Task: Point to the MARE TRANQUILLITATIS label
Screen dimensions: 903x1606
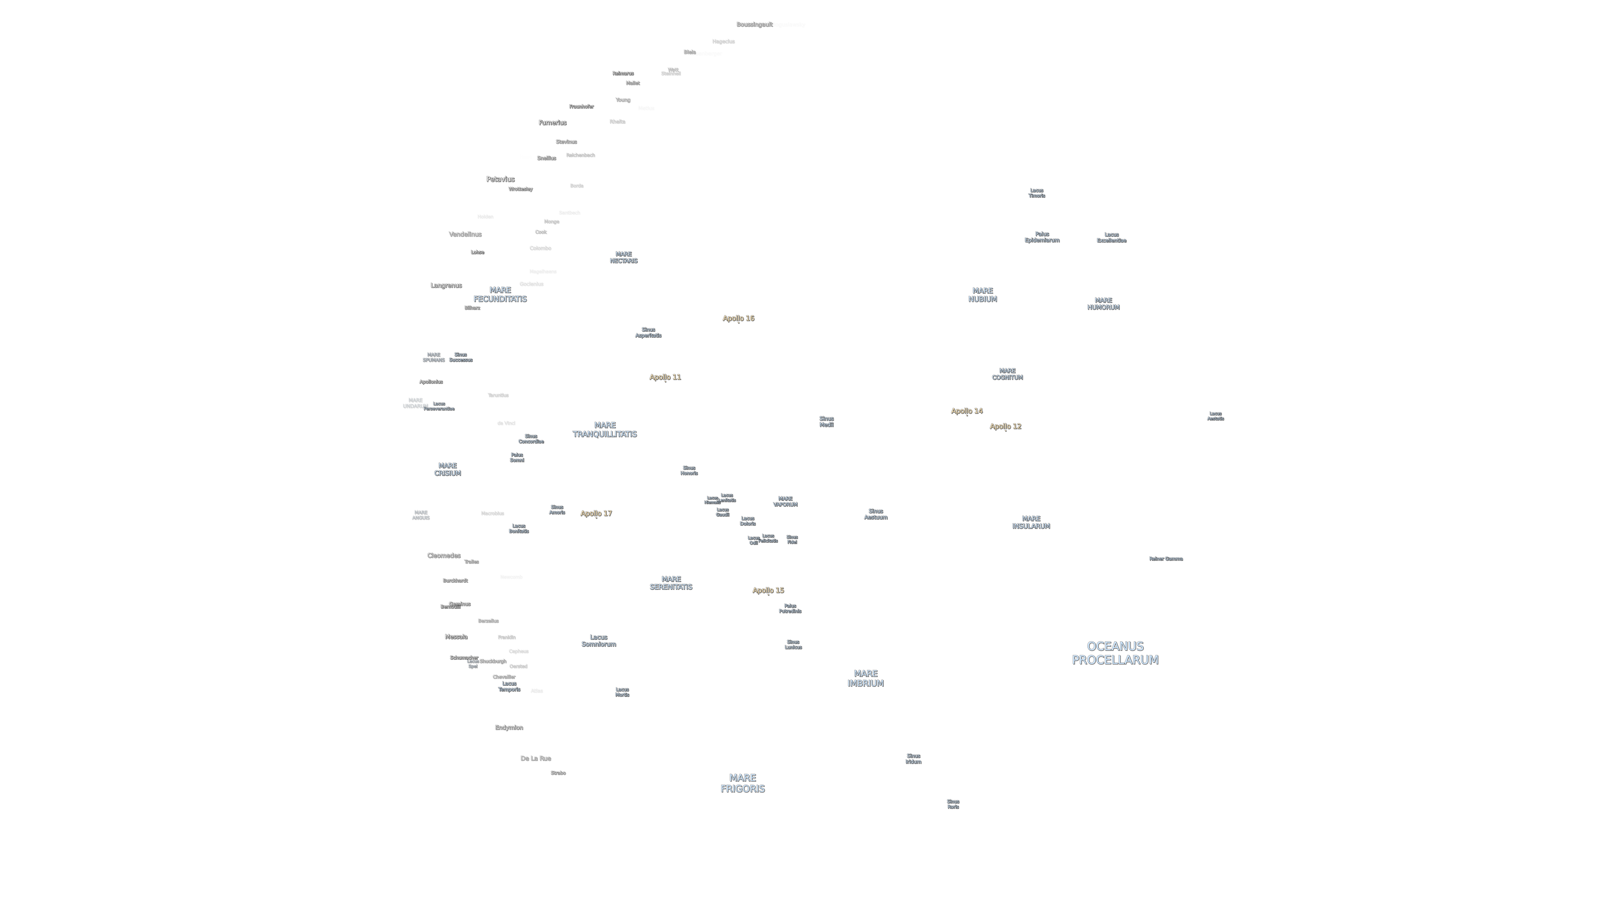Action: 604,429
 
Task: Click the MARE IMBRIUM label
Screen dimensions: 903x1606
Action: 865,678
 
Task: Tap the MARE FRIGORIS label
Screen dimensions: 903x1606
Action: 742,783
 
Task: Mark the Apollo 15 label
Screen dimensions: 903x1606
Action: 768,590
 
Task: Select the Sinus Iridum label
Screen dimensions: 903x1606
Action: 913,758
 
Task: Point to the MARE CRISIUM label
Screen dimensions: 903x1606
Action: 447,469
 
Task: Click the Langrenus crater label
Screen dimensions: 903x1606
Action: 446,285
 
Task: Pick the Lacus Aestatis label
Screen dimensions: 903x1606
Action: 1215,416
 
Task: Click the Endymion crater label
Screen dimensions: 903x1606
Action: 509,727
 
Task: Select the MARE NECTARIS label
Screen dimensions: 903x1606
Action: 623,257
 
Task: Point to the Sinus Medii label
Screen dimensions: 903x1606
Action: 826,421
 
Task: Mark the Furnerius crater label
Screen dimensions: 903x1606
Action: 552,123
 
